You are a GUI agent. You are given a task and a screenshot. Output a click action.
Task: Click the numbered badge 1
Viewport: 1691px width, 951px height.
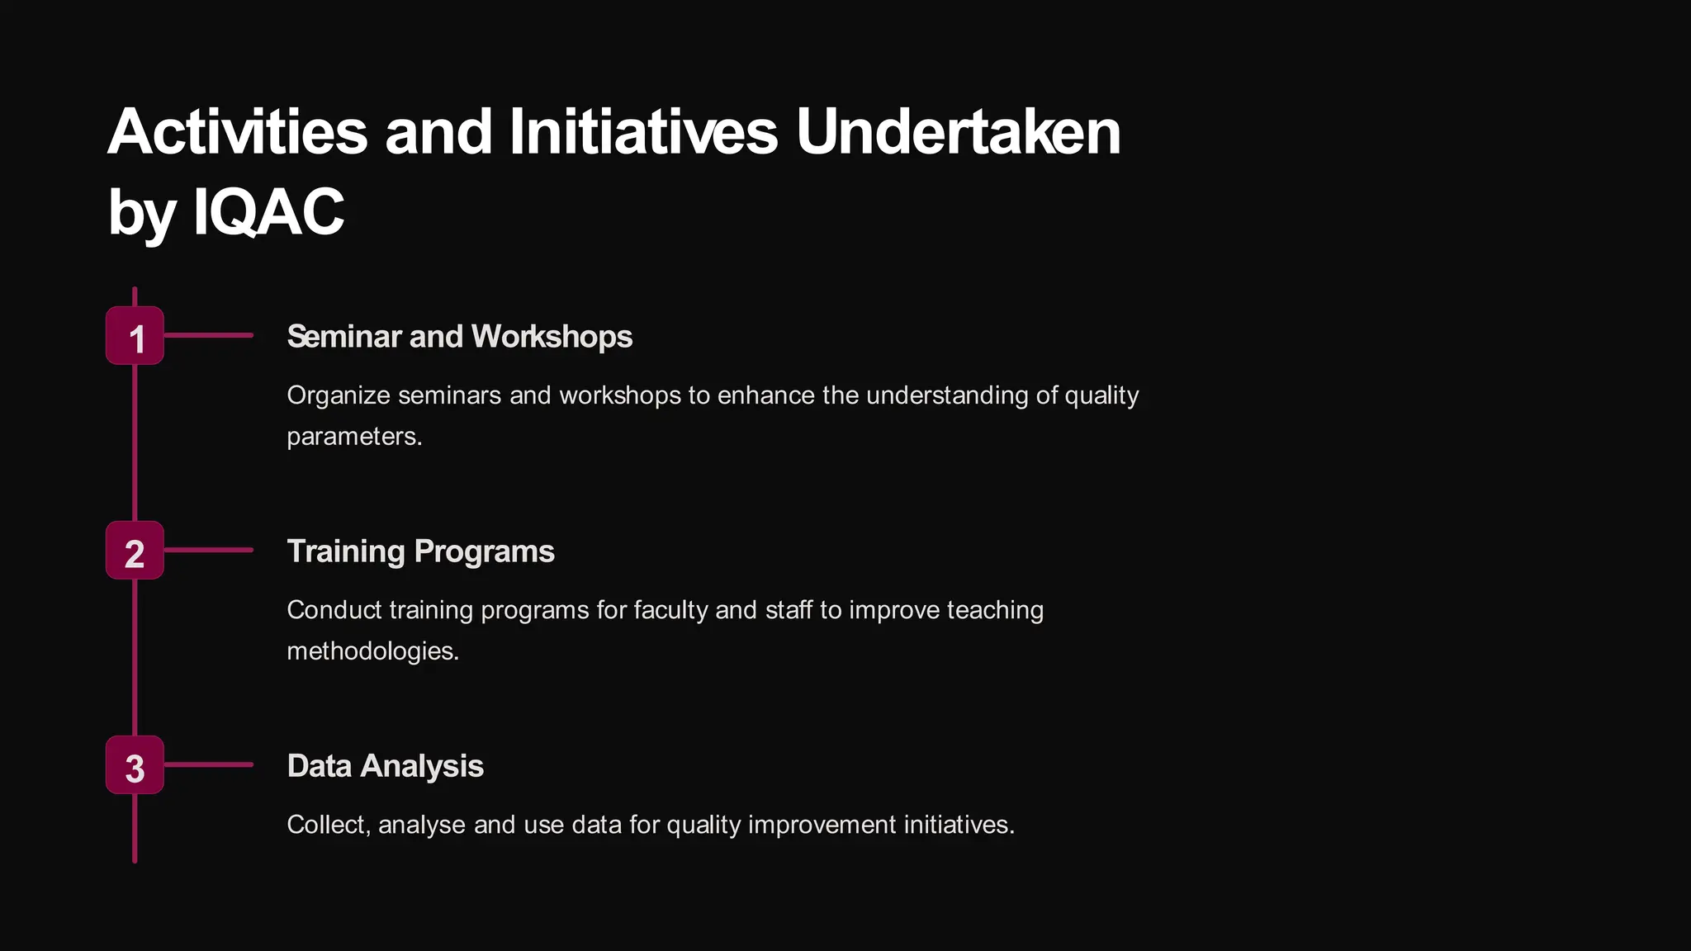(x=135, y=336)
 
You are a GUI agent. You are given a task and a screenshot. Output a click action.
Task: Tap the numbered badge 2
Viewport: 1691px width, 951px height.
(x=135, y=551)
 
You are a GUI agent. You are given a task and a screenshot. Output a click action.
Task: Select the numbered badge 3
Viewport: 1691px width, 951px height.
(x=135, y=765)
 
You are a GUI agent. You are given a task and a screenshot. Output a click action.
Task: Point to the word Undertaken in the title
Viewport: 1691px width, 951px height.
(x=958, y=132)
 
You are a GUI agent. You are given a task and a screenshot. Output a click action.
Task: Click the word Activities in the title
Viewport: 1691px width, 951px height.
(x=238, y=132)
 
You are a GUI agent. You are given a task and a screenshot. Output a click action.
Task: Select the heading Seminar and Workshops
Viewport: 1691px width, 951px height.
(x=459, y=337)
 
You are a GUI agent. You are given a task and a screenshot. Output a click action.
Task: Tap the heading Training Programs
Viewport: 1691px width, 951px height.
(x=420, y=551)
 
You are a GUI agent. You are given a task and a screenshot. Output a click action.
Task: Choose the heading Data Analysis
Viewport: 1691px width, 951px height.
(x=385, y=766)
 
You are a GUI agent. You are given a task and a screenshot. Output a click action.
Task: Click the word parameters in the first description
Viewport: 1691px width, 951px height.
(x=353, y=437)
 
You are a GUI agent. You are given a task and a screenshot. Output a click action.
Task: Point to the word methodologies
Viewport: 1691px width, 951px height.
(x=372, y=651)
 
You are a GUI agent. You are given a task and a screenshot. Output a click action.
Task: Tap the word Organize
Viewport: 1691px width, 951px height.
(x=338, y=395)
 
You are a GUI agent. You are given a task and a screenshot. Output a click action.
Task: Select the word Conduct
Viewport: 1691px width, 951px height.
(x=334, y=610)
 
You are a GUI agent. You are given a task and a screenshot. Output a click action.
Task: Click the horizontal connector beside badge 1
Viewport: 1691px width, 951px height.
(x=208, y=336)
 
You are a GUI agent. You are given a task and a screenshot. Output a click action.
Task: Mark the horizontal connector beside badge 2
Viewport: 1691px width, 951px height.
(x=208, y=550)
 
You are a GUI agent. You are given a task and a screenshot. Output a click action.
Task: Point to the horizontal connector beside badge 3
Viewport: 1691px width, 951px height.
(x=208, y=764)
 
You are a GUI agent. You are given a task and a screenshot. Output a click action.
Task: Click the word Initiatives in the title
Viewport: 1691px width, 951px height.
(x=643, y=132)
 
